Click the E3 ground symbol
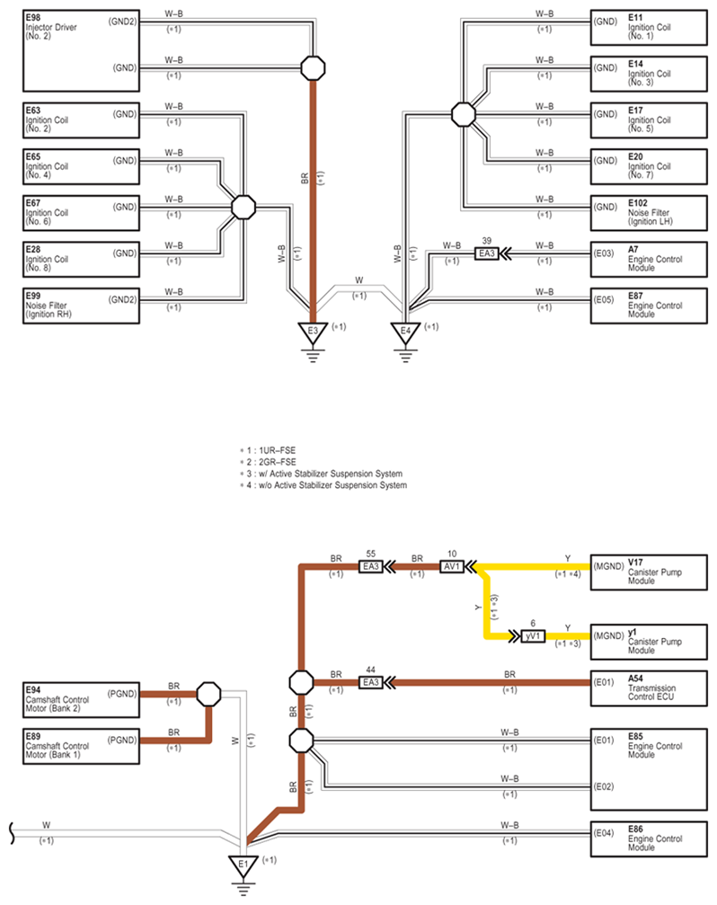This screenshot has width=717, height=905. [313, 333]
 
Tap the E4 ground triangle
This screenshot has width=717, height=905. [405, 333]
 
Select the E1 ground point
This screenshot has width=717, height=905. [243, 865]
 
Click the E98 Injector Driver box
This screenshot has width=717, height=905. [82, 51]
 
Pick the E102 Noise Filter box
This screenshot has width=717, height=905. [649, 212]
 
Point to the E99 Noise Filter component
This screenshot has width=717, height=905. [82, 306]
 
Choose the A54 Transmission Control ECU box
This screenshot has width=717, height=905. [649, 688]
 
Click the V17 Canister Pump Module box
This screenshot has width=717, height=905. [649, 572]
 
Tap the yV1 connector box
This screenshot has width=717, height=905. [533, 636]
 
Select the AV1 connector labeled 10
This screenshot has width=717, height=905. [452, 567]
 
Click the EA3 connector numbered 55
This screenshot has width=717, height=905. [371, 567]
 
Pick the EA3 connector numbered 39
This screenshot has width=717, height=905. [487, 253]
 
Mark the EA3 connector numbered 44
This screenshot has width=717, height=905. [371, 682]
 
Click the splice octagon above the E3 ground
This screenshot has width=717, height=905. [313, 68]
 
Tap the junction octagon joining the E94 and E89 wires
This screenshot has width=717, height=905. [208, 694]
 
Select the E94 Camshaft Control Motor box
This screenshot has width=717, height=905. [82, 699]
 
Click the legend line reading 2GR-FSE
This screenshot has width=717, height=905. [269, 462]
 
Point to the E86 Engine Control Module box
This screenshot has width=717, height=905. [649, 838]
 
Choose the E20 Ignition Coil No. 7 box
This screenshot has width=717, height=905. [649, 166]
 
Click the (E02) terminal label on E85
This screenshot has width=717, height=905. [604, 786]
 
